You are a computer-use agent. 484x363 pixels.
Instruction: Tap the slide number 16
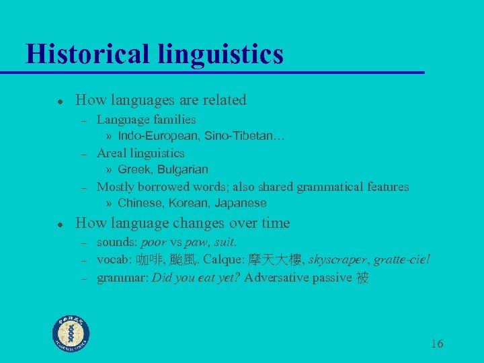tap(436, 344)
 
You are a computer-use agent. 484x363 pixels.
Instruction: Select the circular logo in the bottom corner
tap(72, 333)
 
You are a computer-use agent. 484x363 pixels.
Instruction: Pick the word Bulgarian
tap(183, 169)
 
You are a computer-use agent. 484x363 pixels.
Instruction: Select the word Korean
tap(190, 203)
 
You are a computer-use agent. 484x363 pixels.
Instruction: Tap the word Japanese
tap(241, 203)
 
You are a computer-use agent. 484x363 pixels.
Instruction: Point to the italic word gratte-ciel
tap(402, 259)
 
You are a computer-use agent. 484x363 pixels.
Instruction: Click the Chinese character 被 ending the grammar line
tap(362, 277)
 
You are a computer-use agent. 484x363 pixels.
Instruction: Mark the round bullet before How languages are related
tap(60, 101)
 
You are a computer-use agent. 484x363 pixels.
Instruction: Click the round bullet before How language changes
tap(60, 224)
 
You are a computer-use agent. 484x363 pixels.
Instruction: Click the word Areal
tap(112, 153)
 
